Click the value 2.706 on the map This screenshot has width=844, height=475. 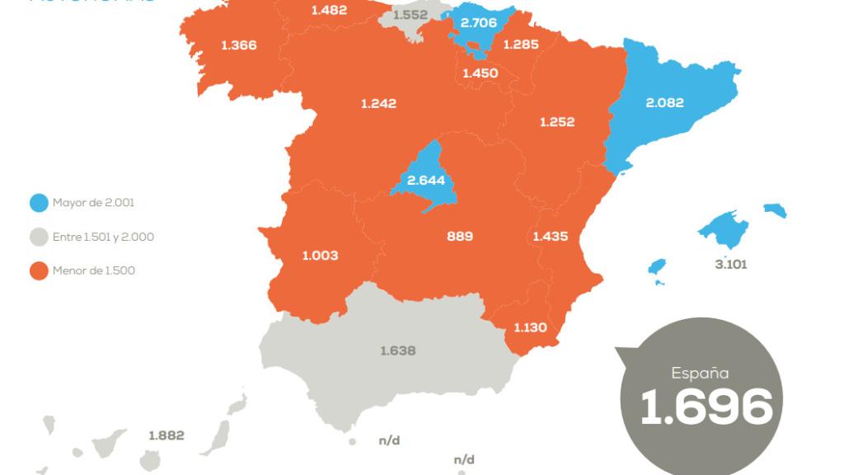pyautogui.click(x=478, y=23)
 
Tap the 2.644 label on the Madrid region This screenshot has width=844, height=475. pyautogui.click(x=426, y=180)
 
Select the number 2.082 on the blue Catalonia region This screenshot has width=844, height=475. pyautogui.click(x=665, y=103)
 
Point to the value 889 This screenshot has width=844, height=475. pyautogui.click(x=460, y=237)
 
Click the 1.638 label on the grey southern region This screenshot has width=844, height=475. pyautogui.click(x=398, y=350)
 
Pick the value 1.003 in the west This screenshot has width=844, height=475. pyautogui.click(x=320, y=256)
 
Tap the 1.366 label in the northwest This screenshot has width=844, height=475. pyautogui.click(x=238, y=45)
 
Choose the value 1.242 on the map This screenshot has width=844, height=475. pyautogui.click(x=378, y=103)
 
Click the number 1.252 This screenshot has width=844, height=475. pyautogui.click(x=557, y=122)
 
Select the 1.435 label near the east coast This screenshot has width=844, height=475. pyautogui.click(x=551, y=237)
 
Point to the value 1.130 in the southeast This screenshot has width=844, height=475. pyautogui.click(x=531, y=327)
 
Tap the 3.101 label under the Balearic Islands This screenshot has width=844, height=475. pyautogui.click(x=732, y=265)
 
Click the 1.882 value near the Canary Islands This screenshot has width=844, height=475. pyautogui.click(x=166, y=435)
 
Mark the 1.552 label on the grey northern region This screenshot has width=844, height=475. pyautogui.click(x=410, y=15)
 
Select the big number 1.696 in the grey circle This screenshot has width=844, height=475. pyautogui.click(x=706, y=406)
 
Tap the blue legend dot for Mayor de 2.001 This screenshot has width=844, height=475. pyautogui.click(x=37, y=202)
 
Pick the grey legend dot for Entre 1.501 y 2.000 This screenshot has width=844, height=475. pyautogui.click(x=37, y=237)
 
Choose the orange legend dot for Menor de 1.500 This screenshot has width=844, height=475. pyautogui.click(x=37, y=270)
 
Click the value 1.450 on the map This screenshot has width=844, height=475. pyautogui.click(x=480, y=73)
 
